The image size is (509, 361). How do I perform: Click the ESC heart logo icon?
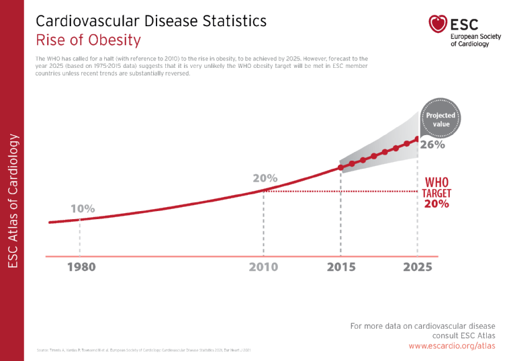438,25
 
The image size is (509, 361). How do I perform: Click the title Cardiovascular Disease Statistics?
151,21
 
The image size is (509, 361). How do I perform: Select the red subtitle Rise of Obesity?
88,40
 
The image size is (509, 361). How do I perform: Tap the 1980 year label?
81,267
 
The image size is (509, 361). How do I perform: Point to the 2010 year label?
263,267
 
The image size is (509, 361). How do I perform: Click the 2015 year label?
341,267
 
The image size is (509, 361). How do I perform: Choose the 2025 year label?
418,267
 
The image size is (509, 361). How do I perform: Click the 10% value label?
83,209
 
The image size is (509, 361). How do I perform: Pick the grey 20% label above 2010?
265,179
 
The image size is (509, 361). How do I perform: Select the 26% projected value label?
432,144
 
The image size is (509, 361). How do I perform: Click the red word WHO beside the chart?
436,182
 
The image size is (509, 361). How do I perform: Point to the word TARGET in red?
436,194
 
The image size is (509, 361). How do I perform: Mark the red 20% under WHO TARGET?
436,204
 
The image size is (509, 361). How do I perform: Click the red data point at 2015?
340,167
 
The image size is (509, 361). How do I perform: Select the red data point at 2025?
418,139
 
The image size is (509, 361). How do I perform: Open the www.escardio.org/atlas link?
451,346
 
